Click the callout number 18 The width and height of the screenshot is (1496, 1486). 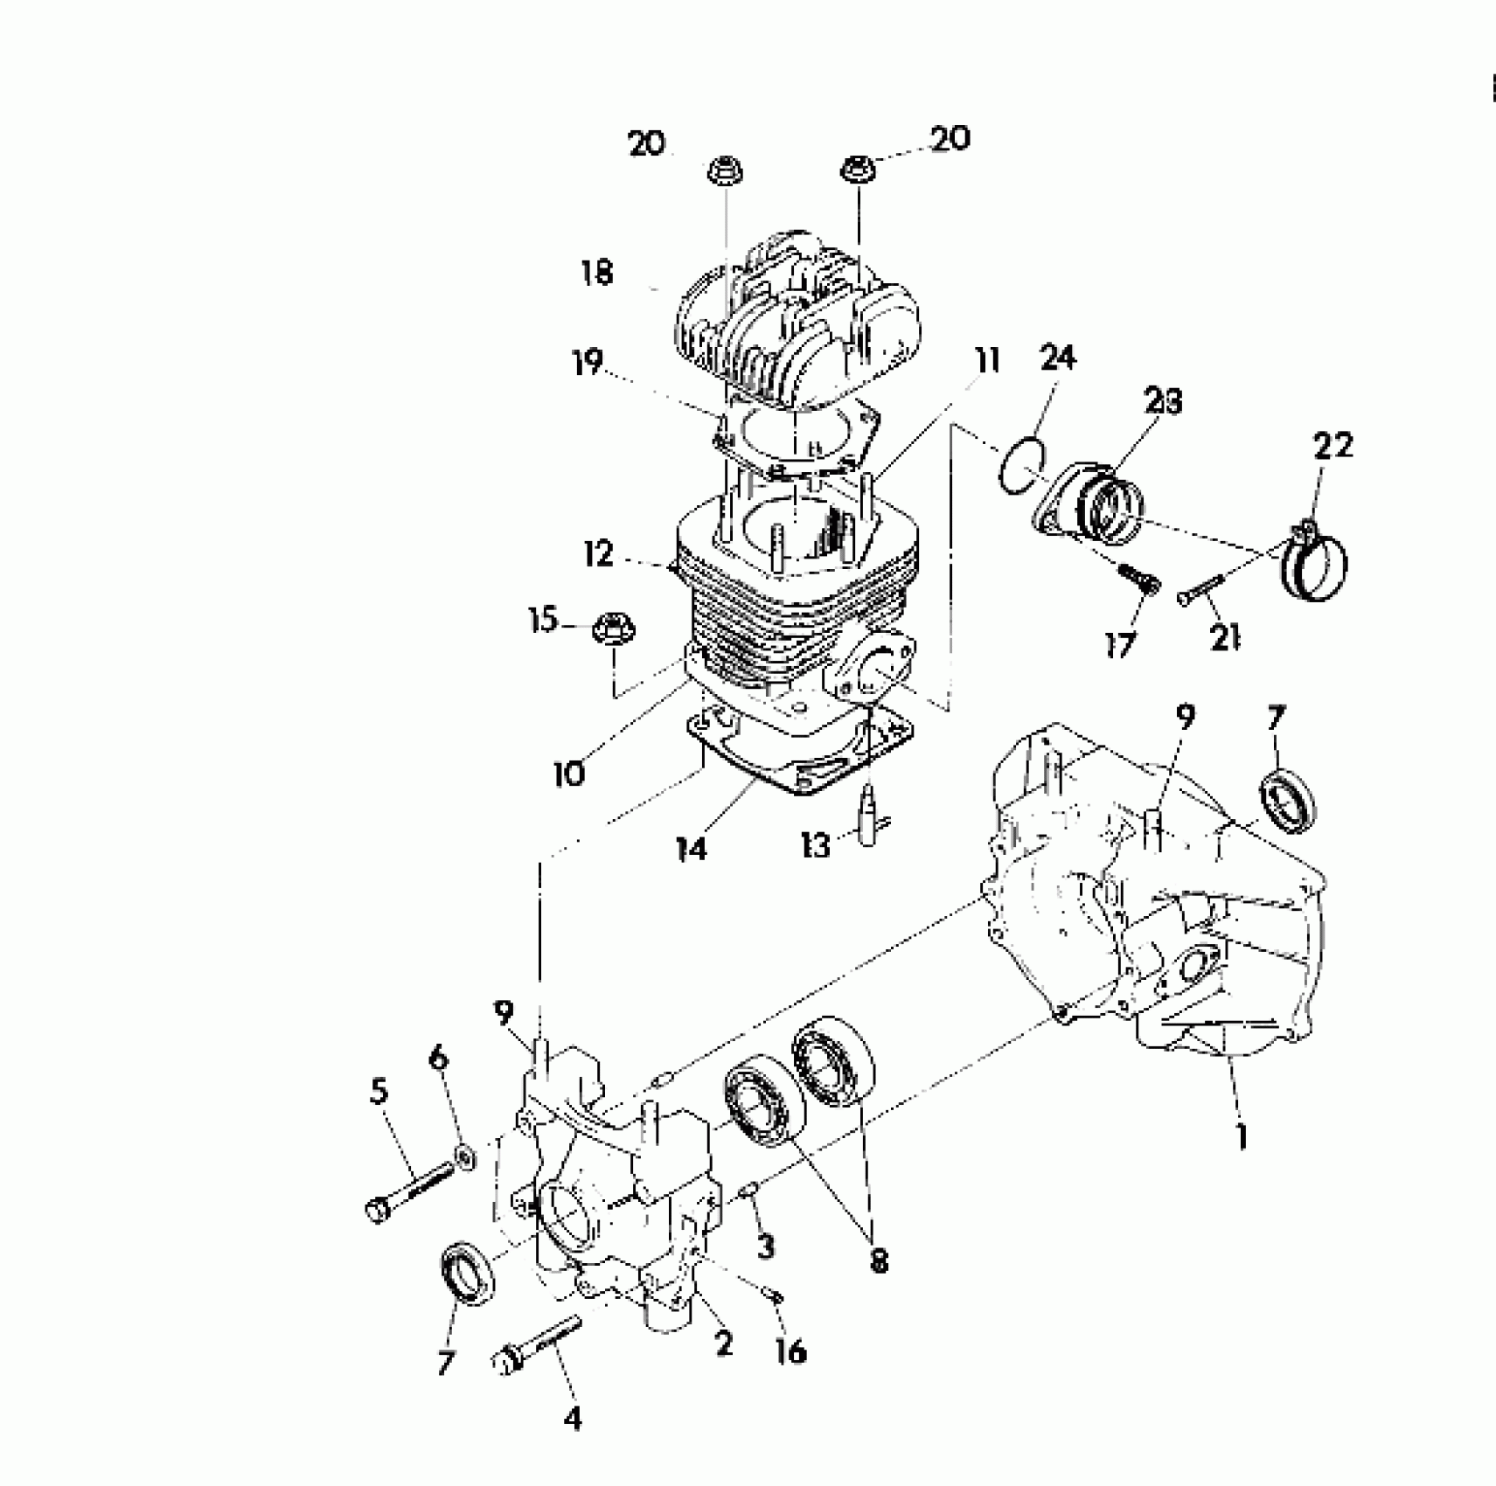597,273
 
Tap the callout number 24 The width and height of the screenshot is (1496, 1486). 1058,358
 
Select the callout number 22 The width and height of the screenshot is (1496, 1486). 1332,445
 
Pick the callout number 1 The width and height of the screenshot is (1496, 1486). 1242,1136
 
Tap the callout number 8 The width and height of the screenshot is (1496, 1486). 879,1260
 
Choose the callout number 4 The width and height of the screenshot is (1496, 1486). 572,1418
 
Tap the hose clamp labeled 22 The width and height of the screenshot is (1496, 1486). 1316,565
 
